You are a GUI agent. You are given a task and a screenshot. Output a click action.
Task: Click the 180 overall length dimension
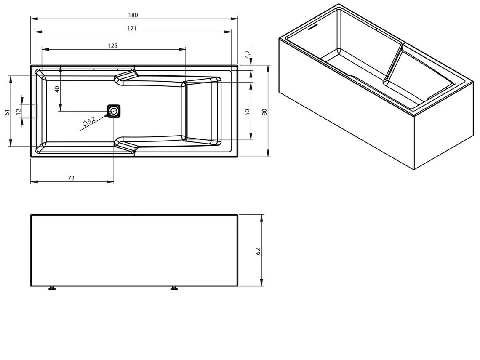(x=133, y=15)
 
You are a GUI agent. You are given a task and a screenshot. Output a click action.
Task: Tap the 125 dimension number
(x=112, y=45)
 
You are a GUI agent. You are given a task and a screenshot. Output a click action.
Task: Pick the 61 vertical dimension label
(x=7, y=112)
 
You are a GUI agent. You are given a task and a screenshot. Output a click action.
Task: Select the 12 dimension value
(x=18, y=112)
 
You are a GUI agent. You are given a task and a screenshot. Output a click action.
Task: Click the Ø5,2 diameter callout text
(x=89, y=122)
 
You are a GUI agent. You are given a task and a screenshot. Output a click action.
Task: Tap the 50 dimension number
(x=248, y=112)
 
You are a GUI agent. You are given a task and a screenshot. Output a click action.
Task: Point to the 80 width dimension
(x=264, y=112)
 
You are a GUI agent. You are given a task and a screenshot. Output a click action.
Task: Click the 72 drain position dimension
(x=71, y=179)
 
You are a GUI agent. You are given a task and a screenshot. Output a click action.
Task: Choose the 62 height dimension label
(x=259, y=251)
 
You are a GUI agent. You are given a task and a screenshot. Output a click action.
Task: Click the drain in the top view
(x=114, y=111)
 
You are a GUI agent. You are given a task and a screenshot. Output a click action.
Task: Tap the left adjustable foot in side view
(x=52, y=288)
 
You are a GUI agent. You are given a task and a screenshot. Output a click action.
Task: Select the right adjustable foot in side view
(x=173, y=288)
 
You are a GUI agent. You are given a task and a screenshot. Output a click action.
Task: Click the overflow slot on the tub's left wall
(x=37, y=111)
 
